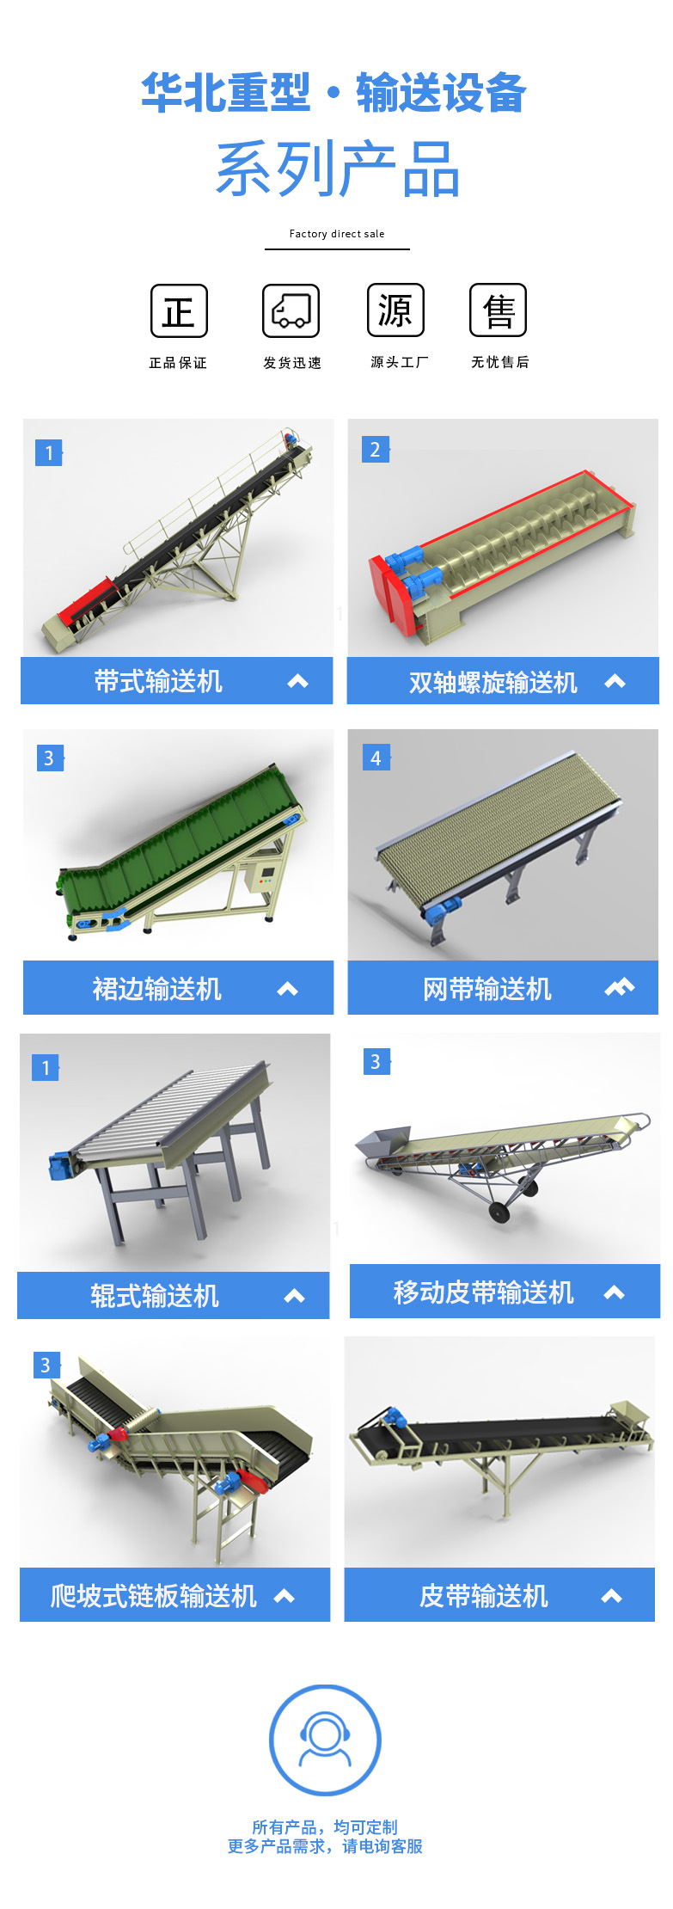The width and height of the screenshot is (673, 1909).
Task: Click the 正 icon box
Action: tap(179, 310)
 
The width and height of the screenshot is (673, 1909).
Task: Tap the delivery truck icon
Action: tap(291, 310)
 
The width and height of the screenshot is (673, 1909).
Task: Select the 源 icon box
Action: tap(395, 310)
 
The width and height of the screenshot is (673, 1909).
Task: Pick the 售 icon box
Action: tap(499, 310)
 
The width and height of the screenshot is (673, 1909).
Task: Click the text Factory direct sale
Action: tap(337, 234)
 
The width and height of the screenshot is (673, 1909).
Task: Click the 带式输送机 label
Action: tap(158, 682)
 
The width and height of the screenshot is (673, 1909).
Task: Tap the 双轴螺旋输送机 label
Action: tap(493, 683)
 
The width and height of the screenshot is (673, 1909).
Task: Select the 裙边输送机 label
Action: tap(157, 989)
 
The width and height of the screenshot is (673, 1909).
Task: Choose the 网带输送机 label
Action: tap(487, 989)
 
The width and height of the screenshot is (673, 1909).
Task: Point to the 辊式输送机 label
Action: tap(155, 1296)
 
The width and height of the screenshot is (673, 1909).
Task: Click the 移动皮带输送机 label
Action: tap(483, 1292)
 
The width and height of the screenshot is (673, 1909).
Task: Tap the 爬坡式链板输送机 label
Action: tap(154, 1596)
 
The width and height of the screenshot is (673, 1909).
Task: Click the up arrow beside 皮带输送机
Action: tap(612, 1597)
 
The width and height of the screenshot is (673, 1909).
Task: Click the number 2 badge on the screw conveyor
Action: tap(375, 450)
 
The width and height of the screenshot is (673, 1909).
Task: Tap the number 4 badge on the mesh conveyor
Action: tap(376, 758)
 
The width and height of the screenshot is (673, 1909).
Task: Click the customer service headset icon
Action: tap(325, 1740)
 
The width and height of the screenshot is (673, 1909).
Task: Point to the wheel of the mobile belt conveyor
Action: tap(498, 1212)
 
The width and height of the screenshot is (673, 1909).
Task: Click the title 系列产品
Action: tap(338, 169)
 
